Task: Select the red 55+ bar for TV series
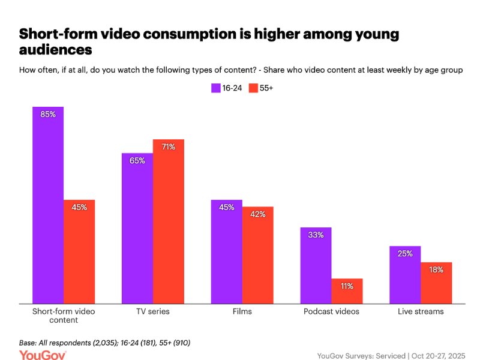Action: [168, 221]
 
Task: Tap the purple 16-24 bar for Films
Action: [227, 251]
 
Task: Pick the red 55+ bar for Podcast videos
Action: [347, 291]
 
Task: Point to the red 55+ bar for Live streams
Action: [436, 283]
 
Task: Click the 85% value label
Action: [48, 114]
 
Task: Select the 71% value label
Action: [168, 146]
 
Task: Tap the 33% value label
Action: [316, 235]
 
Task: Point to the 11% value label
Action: [347, 286]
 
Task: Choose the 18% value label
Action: [436, 269]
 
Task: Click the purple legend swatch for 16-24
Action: [215, 88]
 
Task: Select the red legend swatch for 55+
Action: [253, 88]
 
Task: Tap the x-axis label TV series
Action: [153, 311]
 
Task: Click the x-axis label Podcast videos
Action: [331, 311]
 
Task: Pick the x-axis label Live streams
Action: [421, 311]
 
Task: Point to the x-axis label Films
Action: [242, 311]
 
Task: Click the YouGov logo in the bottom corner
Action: [43, 355]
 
